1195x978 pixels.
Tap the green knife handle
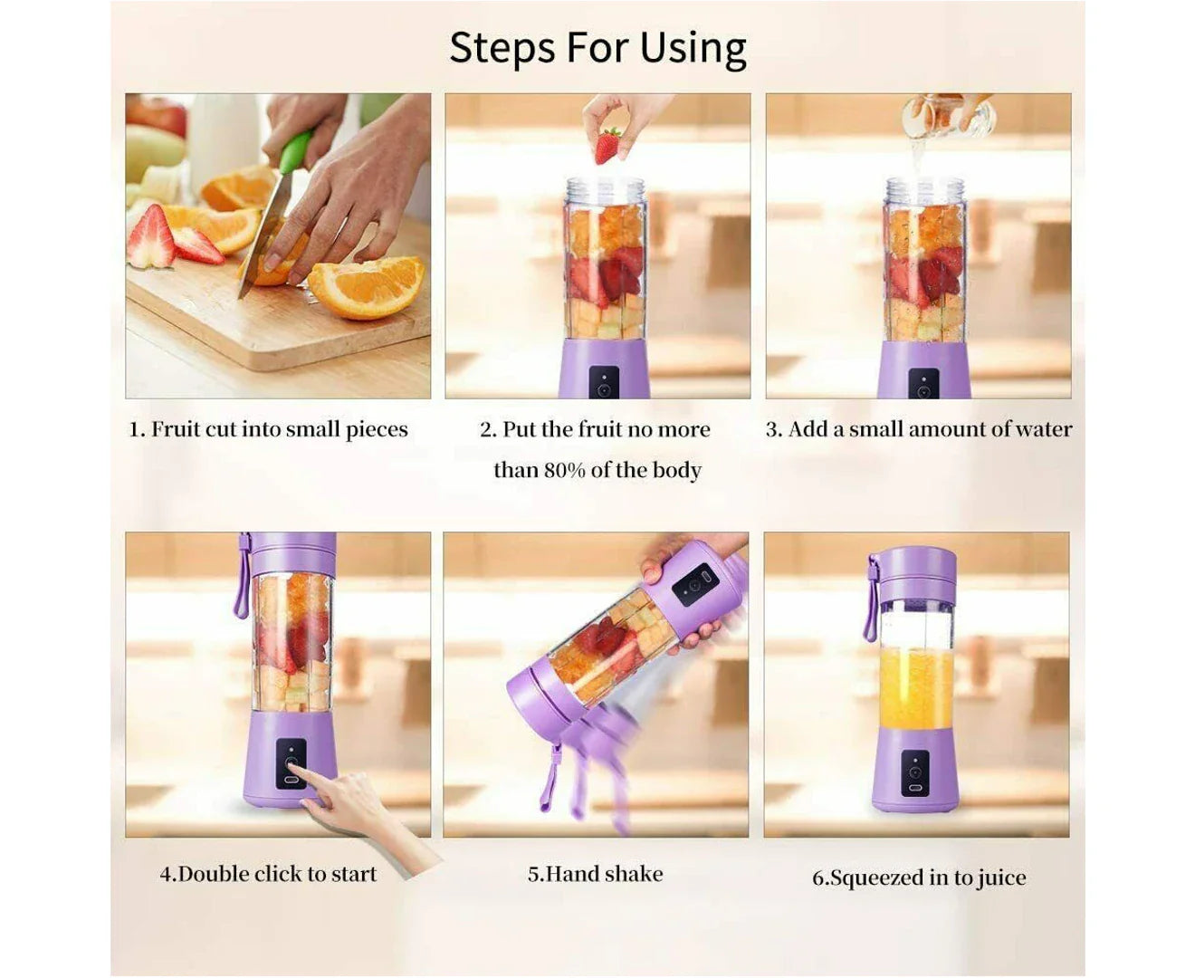coord(294,151)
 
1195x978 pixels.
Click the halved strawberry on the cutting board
coord(152,238)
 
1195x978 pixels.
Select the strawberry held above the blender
coord(607,146)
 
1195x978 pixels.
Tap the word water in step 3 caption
coord(1043,429)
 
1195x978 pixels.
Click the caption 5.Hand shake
coord(595,874)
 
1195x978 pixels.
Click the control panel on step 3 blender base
coord(923,384)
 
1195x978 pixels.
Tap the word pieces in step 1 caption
coord(377,429)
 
